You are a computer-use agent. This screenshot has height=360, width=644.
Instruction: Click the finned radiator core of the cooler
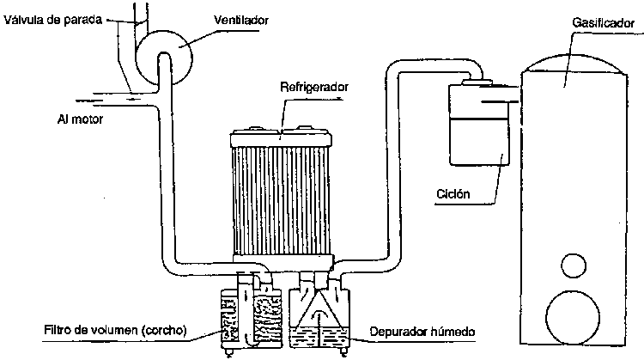[282, 198]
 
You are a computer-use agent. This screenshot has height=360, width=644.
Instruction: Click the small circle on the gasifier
[573, 264]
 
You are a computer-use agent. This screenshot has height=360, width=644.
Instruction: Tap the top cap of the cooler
[282, 133]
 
